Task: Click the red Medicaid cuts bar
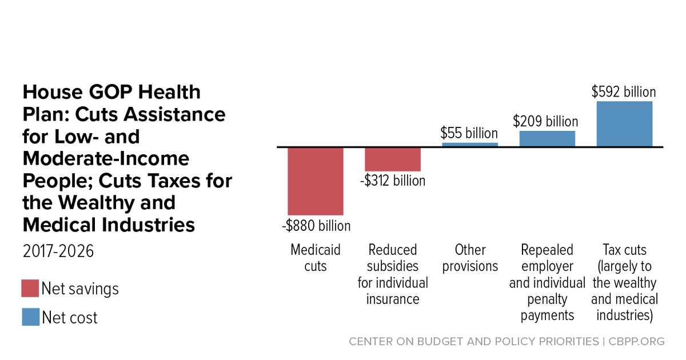(316, 182)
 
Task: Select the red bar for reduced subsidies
(393, 159)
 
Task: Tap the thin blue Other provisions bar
(470, 145)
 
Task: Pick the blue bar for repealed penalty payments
(547, 139)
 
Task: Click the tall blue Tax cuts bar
(624, 124)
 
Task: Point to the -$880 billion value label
(316, 226)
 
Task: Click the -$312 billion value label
(393, 181)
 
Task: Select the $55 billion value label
(469, 133)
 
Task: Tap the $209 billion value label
(545, 121)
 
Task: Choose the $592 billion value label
(624, 92)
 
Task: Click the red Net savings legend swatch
(30, 288)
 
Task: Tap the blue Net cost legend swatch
(31, 317)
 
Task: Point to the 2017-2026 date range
(58, 251)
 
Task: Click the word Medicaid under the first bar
(316, 250)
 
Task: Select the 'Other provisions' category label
(470, 258)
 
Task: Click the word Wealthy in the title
(97, 203)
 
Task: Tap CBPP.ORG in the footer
(636, 341)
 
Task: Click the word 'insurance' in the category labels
(393, 299)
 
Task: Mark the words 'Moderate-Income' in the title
(106, 158)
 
